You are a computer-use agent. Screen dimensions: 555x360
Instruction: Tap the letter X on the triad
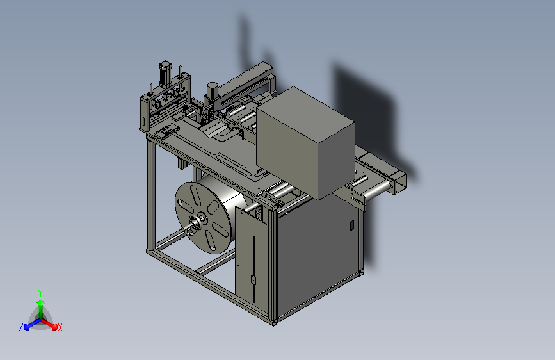point(60,327)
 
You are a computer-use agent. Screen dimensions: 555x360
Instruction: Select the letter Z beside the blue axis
point(21,327)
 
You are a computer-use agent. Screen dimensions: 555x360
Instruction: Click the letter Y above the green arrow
point(40,293)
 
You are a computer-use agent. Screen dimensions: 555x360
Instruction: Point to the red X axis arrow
point(49,324)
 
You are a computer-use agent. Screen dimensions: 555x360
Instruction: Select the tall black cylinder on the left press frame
point(165,75)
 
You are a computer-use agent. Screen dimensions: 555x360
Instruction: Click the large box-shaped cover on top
point(305,142)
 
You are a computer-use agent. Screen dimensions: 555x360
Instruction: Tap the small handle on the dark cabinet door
point(352,225)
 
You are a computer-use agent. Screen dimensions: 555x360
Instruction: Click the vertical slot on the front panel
point(253,269)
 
